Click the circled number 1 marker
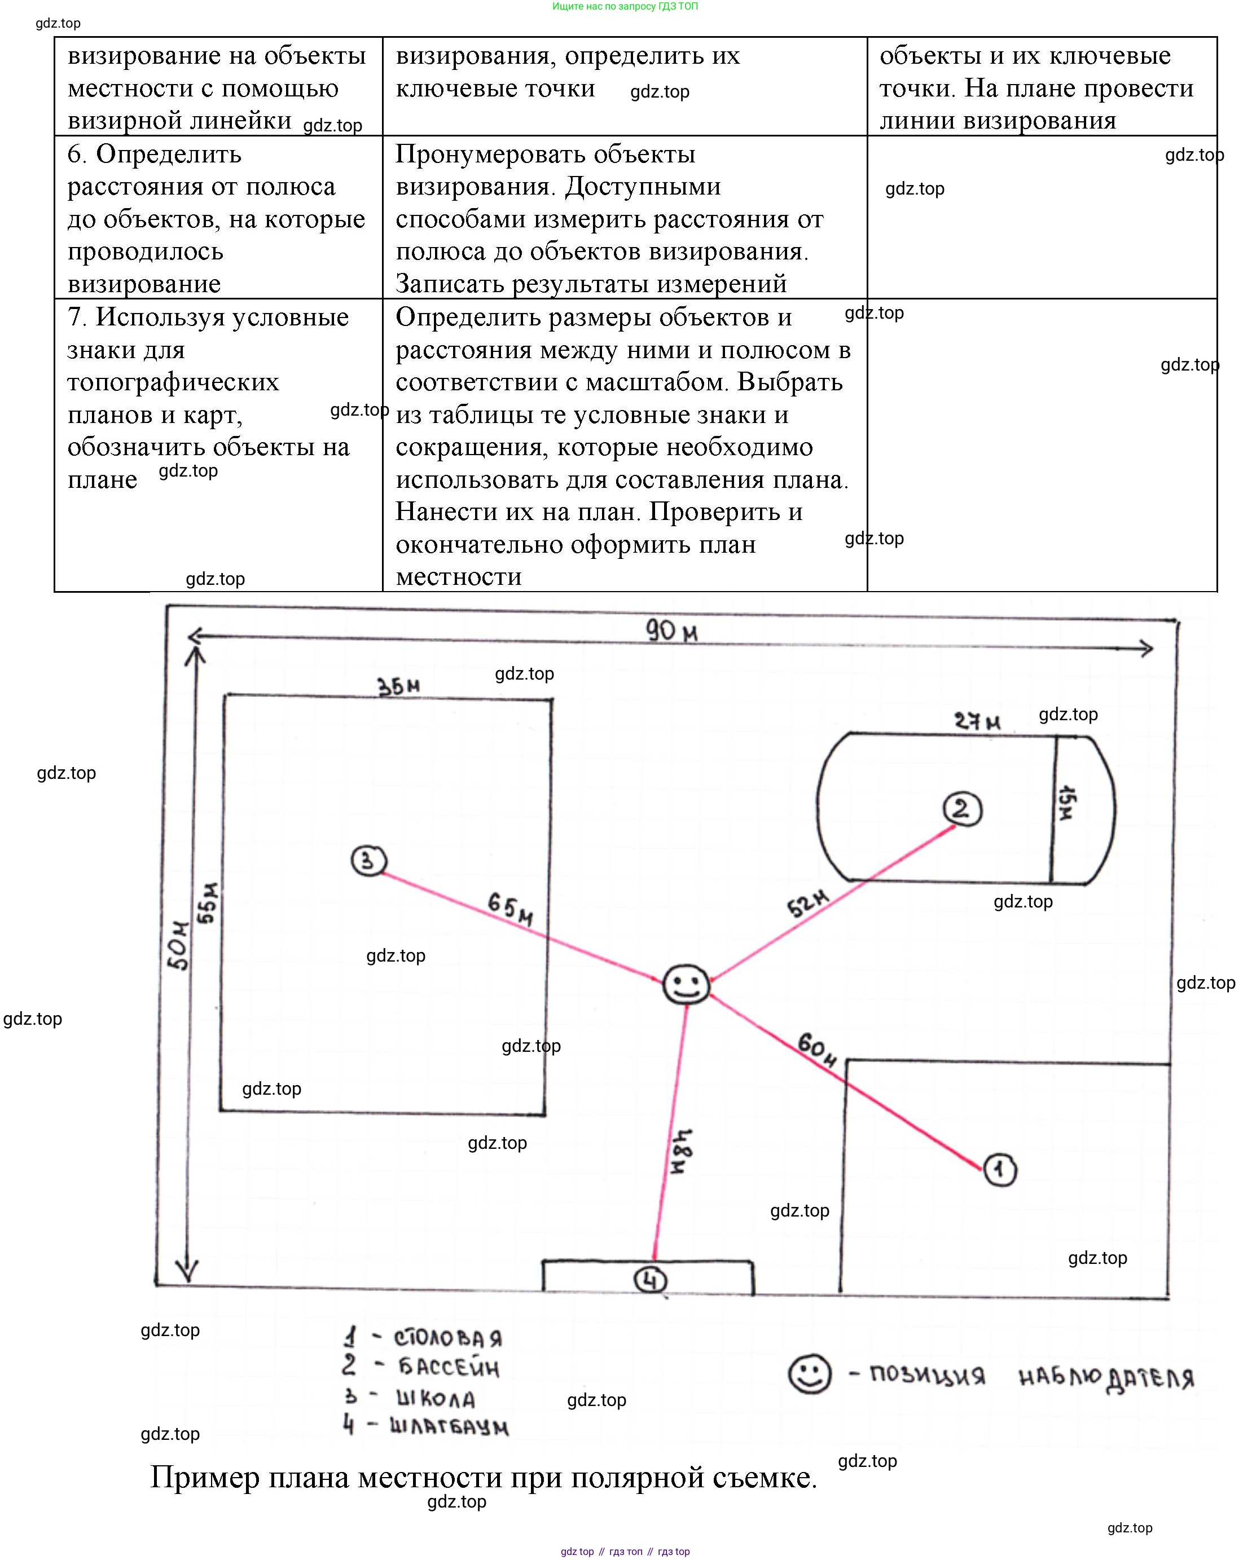click(1000, 1170)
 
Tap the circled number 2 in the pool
click(962, 809)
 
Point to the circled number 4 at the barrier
click(650, 1280)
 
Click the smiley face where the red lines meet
click(686, 984)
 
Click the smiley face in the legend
click(809, 1373)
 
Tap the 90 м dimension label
click(671, 632)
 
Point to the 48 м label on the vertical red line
click(681, 1151)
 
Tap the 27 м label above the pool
click(977, 721)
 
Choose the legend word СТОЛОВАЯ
click(447, 1338)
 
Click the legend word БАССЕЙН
click(449, 1368)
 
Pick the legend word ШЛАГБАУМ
click(449, 1426)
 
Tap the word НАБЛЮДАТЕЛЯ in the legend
click(1106, 1378)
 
